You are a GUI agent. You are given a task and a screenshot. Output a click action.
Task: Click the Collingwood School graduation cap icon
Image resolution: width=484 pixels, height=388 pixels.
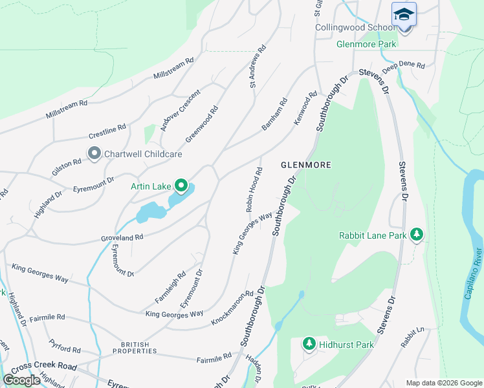point(404,14)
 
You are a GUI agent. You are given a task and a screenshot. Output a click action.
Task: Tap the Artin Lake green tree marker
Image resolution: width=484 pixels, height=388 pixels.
point(181,187)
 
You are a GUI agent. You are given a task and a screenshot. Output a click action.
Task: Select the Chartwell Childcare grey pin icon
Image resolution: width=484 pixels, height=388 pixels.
point(94,154)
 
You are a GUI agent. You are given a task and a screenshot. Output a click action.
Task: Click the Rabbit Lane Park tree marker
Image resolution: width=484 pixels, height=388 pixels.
point(417,235)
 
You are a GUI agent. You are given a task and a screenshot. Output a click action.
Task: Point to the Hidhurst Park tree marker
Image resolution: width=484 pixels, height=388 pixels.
point(309,345)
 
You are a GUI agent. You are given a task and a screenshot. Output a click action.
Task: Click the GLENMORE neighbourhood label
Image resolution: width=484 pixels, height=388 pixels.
point(306,166)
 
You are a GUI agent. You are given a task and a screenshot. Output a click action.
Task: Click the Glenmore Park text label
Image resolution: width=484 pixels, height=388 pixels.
point(366,45)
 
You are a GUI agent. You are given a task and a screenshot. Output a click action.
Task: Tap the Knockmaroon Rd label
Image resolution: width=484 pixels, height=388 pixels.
point(232,308)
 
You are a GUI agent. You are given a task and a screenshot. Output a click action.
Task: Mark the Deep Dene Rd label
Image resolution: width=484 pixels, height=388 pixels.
point(403,66)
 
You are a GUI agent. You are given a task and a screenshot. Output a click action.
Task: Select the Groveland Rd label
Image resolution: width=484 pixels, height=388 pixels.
point(122,238)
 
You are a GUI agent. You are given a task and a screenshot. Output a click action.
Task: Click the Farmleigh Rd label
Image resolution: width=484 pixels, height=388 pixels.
point(170,287)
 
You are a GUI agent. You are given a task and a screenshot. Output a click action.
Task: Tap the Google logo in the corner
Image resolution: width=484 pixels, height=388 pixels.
point(22,380)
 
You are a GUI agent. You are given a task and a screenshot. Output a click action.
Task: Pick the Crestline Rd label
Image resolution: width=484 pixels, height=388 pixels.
point(107,133)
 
